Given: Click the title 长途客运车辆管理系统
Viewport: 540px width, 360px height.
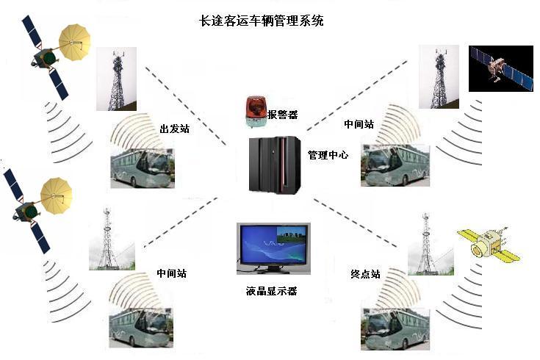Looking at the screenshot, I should coord(262,21).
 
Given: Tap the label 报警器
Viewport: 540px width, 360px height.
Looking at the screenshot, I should coord(282,115).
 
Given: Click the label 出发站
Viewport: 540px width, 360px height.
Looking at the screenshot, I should coord(174,129).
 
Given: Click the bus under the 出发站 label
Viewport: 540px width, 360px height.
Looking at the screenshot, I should coord(142,167).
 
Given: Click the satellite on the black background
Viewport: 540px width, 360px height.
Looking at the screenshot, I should coord(500,68).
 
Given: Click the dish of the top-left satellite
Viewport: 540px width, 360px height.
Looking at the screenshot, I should coord(75,43).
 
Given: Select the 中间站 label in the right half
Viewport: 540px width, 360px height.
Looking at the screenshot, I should coord(359,124).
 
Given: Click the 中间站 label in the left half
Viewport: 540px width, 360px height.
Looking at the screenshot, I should coord(171,273).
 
